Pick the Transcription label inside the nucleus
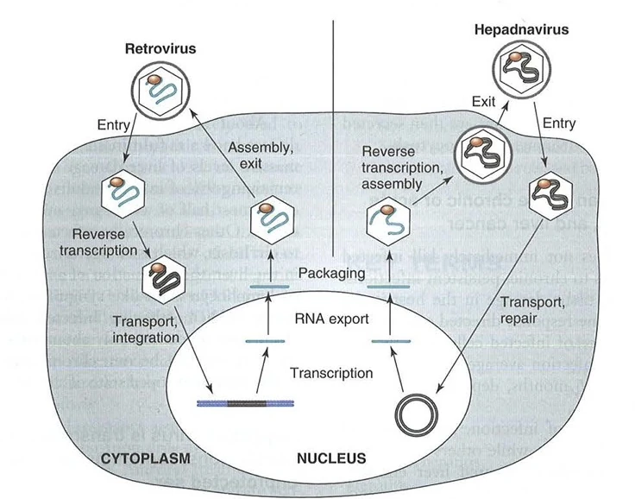tap(332, 374)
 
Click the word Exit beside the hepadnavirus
tap(483, 101)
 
